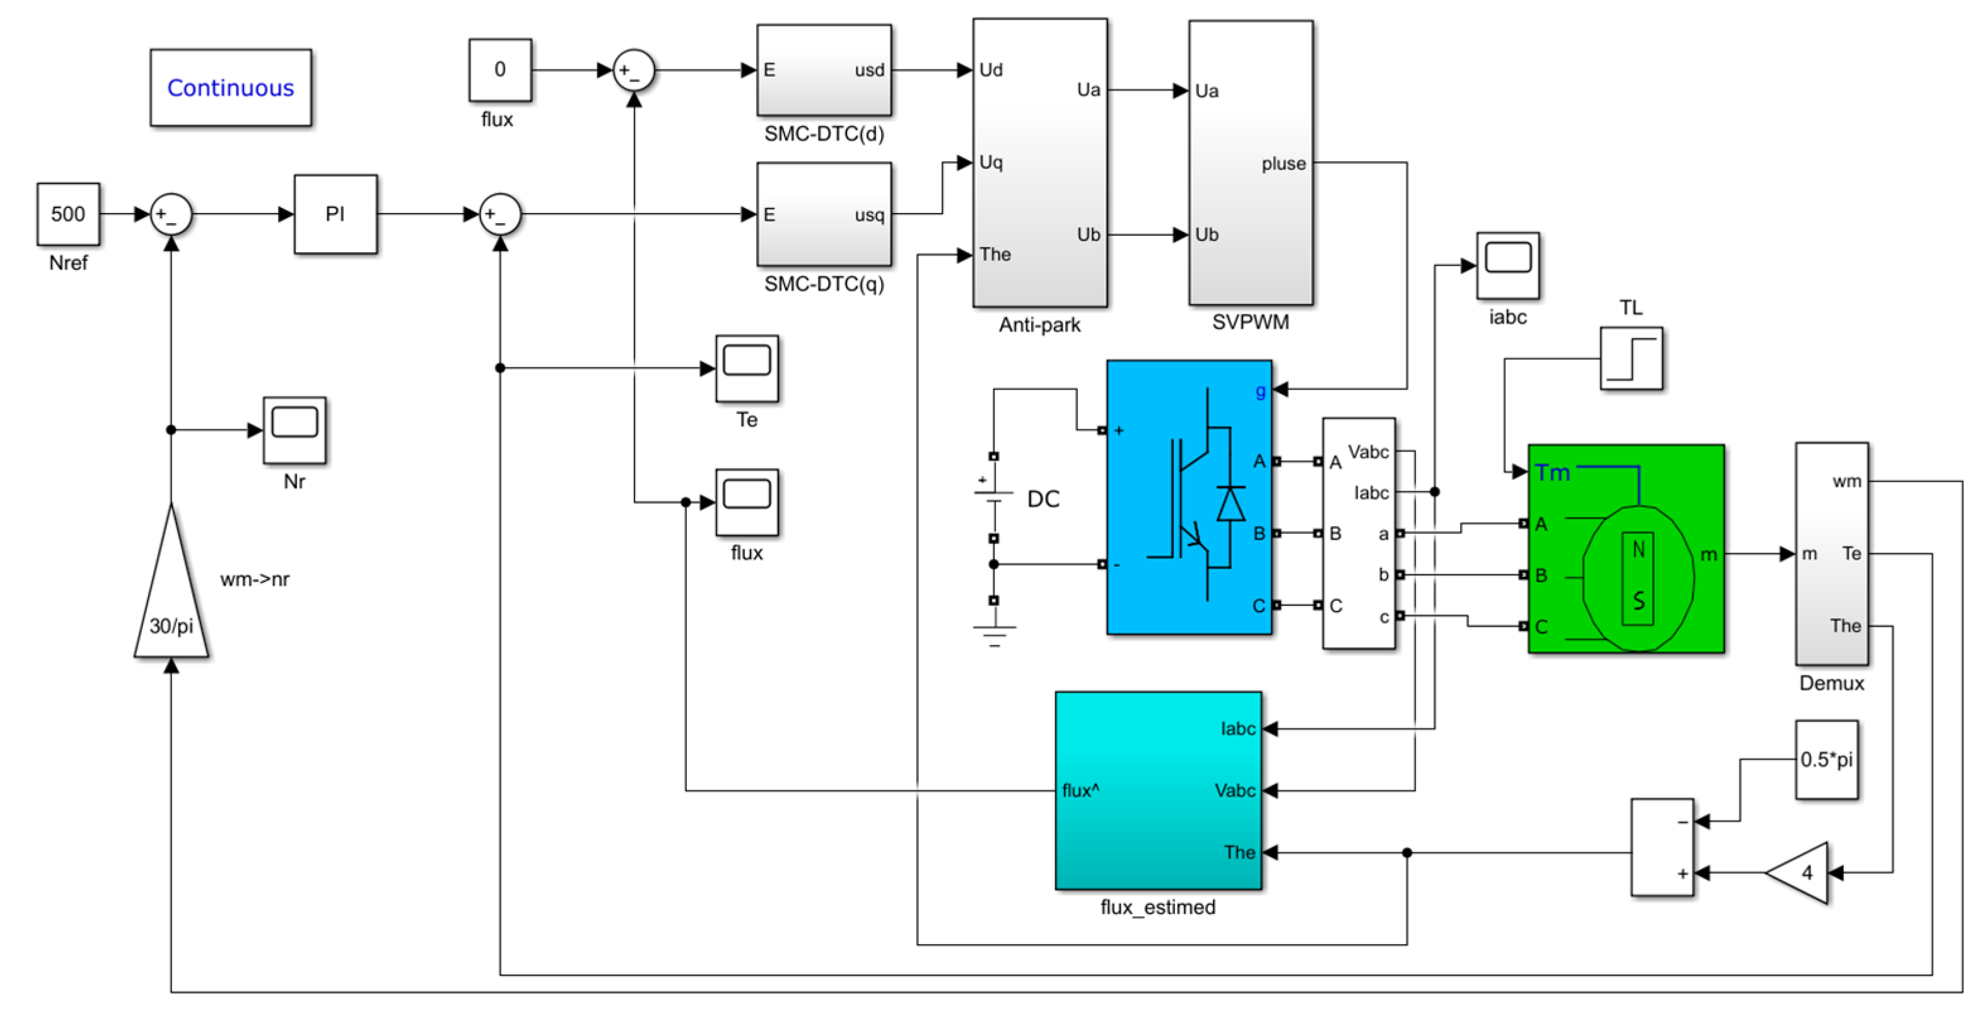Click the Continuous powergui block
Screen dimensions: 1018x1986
click(231, 88)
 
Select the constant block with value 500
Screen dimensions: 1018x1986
click(68, 214)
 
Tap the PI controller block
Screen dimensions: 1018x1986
click(336, 214)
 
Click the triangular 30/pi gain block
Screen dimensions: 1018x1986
click(171, 601)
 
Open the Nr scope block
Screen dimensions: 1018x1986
click(295, 429)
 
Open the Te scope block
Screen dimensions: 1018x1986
click(746, 367)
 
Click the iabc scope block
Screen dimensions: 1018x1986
click(1507, 265)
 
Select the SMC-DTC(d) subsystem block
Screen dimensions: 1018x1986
click(824, 70)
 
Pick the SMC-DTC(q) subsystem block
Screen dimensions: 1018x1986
click(824, 214)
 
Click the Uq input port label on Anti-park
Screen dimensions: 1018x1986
click(991, 163)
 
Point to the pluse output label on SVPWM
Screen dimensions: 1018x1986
click(1283, 163)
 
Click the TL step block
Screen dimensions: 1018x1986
click(1630, 358)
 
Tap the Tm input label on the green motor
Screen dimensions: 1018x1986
click(1552, 472)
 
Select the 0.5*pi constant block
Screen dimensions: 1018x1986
click(1826, 760)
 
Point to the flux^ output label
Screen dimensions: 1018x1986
click(1080, 790)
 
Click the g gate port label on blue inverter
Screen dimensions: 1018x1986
click(1259, 391)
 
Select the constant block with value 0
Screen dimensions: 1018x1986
click(499, 70)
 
